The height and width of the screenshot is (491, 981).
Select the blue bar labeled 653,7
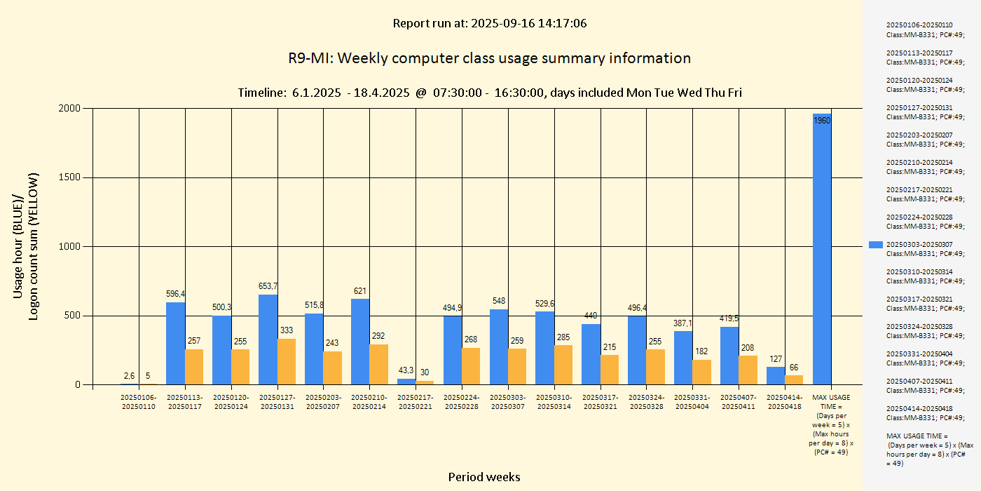tap(268, 339)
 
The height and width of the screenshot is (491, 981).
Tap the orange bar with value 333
tap(287, 361)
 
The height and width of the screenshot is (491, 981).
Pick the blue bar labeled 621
tap(360, 342)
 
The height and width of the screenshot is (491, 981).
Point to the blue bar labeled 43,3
tap(406, 382)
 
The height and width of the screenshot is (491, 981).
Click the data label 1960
tap(822, 121)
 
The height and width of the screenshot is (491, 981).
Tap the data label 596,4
tap(175, 294)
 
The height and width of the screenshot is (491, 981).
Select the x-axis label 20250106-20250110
tap(139, 402)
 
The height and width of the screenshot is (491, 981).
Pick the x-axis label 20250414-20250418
tap(785, 402)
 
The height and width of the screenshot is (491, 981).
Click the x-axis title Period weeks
tap(484, 477)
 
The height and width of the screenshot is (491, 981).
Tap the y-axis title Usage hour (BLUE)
tap(18, 247)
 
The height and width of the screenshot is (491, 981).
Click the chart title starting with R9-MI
tap(489, 58)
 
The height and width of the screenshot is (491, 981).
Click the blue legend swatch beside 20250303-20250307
tap(875, 244)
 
